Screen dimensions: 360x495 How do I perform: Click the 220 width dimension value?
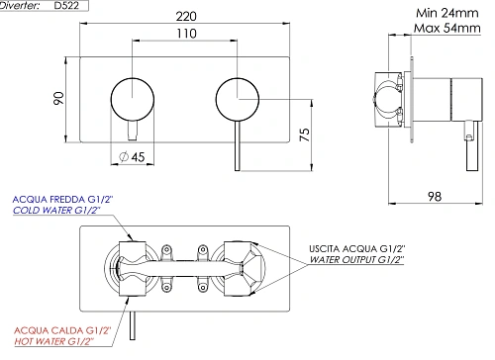pyautogui.click(x=184, y=16)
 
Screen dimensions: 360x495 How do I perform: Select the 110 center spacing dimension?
pyautogui.click(x=184, y=33)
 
